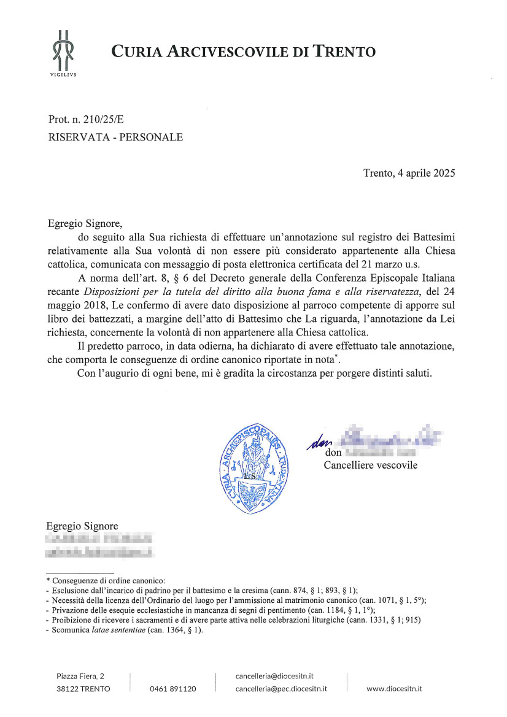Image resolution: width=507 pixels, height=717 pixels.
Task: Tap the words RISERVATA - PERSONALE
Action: coord(115,137)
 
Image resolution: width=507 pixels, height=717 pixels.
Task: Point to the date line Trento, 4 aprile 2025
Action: coord(409,172)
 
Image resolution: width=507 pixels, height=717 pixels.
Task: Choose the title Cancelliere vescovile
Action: coord(371,465)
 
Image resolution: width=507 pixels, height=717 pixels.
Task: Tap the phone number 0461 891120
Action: coord(173,689)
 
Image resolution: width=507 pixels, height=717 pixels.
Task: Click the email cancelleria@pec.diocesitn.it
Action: coord(281,689)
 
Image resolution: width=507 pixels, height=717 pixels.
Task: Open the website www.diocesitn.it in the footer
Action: coord(394,689)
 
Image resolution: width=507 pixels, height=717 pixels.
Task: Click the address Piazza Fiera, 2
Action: coord(80,676)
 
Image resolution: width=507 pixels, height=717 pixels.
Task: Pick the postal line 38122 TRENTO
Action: coord(83,689)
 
